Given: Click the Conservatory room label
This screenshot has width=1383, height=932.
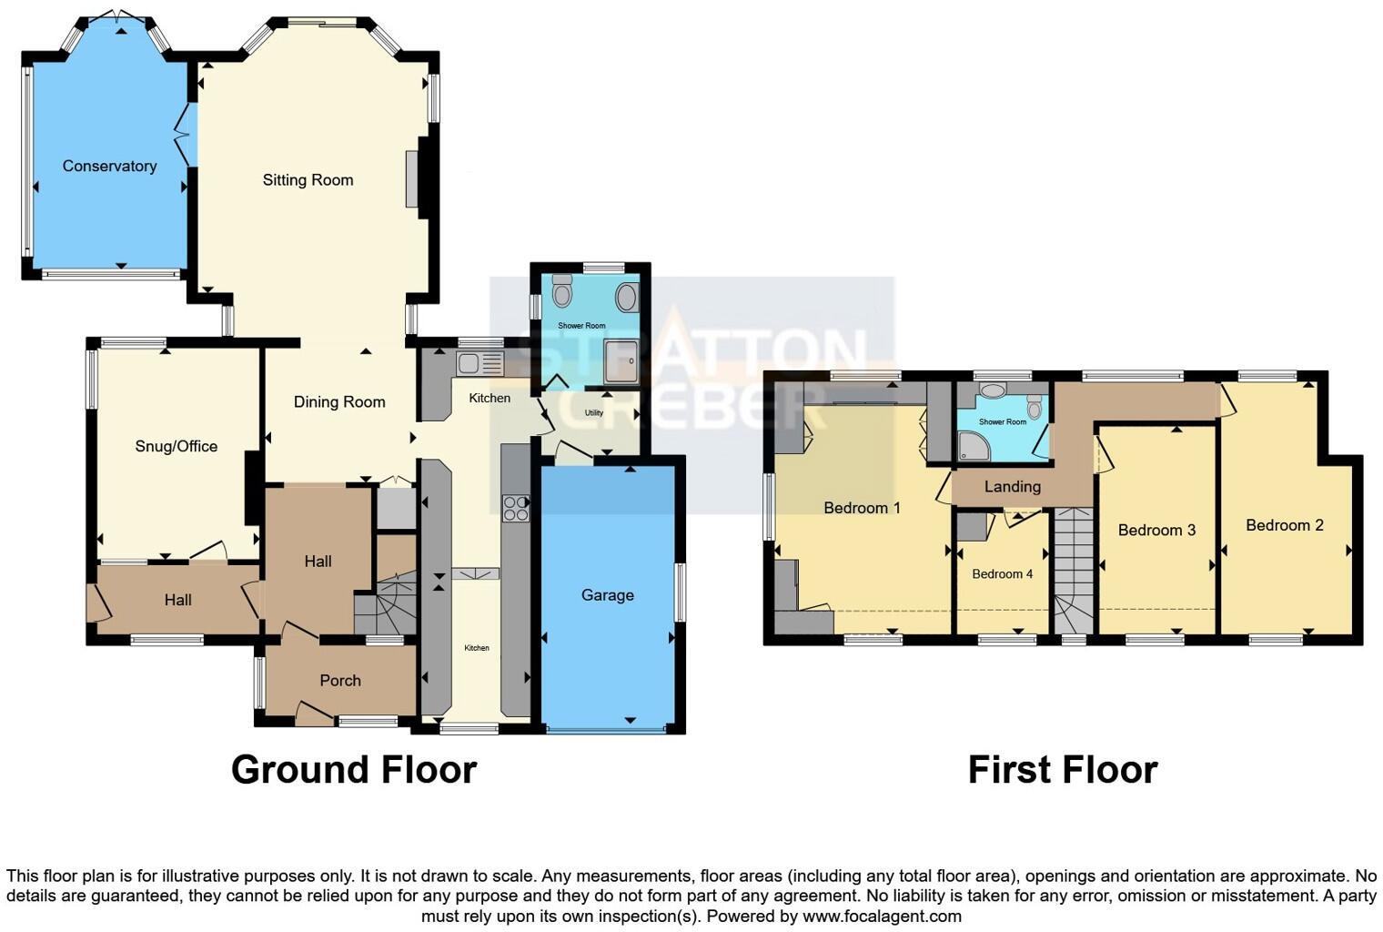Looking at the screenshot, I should (109, 166).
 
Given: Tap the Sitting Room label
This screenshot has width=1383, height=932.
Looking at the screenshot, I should (308, 180).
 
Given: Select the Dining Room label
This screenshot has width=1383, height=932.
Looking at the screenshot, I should (339, 401).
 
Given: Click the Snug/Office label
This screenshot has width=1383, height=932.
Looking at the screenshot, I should (177, 446).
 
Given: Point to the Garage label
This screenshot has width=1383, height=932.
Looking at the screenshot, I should (607, 595).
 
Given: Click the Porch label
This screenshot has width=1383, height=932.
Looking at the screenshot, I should (340, 681).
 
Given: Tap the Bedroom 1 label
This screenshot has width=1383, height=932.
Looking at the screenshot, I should (862, 508).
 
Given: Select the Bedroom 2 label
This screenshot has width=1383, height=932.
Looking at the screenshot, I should (1284, 525).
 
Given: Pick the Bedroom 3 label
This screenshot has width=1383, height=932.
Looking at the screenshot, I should (1156, 530).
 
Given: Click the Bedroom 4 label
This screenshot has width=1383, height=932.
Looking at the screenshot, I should (1002, 574).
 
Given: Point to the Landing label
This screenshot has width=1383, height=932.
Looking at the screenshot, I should (1012, 487).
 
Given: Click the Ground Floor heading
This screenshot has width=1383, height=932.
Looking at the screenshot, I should (354, 770).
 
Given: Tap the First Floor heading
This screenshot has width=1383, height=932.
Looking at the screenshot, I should (1062, 770).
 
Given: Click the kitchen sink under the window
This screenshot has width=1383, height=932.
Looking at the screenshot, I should (479, 364).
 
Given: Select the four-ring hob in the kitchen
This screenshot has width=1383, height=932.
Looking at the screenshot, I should (516, 508).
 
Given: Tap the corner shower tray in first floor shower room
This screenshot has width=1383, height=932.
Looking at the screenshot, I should (973, 445).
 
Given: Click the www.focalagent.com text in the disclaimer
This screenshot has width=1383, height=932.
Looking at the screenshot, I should (881, 916).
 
